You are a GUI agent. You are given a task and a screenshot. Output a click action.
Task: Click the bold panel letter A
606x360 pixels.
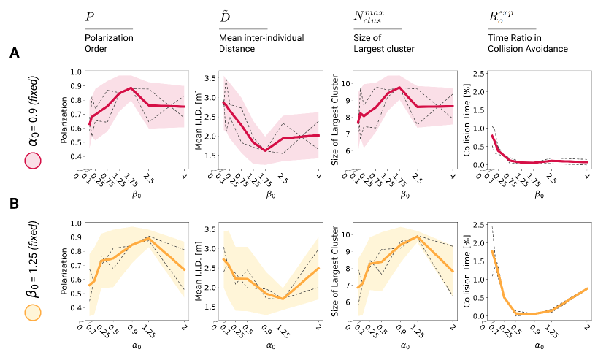point(15,54)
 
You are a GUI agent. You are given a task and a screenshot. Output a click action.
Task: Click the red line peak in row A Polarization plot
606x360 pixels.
point(131,88)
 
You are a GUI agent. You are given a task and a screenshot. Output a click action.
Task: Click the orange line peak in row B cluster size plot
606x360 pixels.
point(416,236)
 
